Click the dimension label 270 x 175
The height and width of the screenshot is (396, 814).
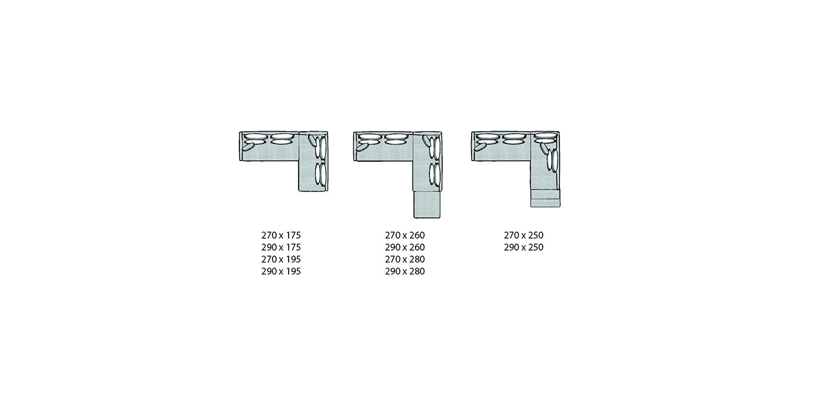[281, 235]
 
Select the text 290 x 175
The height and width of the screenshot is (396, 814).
[281, 247]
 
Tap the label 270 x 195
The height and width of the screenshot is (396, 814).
[281, 259]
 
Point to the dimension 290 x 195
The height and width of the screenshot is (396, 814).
[281, 271]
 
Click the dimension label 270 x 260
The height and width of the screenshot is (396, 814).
[405, 235]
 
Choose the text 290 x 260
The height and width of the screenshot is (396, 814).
[405, 247]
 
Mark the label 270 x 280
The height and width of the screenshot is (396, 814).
[405, 259]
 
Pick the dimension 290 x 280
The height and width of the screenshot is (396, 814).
[405, 271]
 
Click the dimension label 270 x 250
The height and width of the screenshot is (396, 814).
[524, 235]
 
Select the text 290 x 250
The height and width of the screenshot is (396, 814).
[524, 247]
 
